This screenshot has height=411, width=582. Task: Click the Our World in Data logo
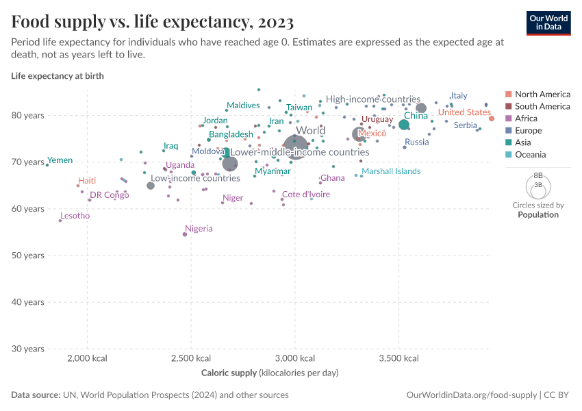pos(548,22)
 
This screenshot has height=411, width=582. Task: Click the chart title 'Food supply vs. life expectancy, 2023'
pos(153,23)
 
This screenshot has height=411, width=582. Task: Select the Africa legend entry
pos(526,119)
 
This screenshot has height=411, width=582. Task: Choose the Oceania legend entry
pos(530,155)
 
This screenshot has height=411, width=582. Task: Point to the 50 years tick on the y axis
pos(29,256)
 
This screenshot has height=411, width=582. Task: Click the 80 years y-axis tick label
pos(29,116)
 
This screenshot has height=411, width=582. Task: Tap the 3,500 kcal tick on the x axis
pos(398,359)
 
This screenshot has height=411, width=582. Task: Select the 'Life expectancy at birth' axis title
pos(58,76)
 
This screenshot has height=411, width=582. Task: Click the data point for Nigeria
pos(185,234)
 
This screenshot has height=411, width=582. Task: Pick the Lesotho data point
pos(60,221)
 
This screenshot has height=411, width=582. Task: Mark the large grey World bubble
pos(295,147)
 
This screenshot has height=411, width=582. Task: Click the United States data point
pos(492,119)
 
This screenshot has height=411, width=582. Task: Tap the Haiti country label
pos(87,181)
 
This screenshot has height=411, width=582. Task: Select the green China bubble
pos(404,125)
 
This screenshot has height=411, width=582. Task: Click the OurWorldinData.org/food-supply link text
pos(471,395)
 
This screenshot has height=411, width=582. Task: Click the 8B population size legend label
pos(538,176)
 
